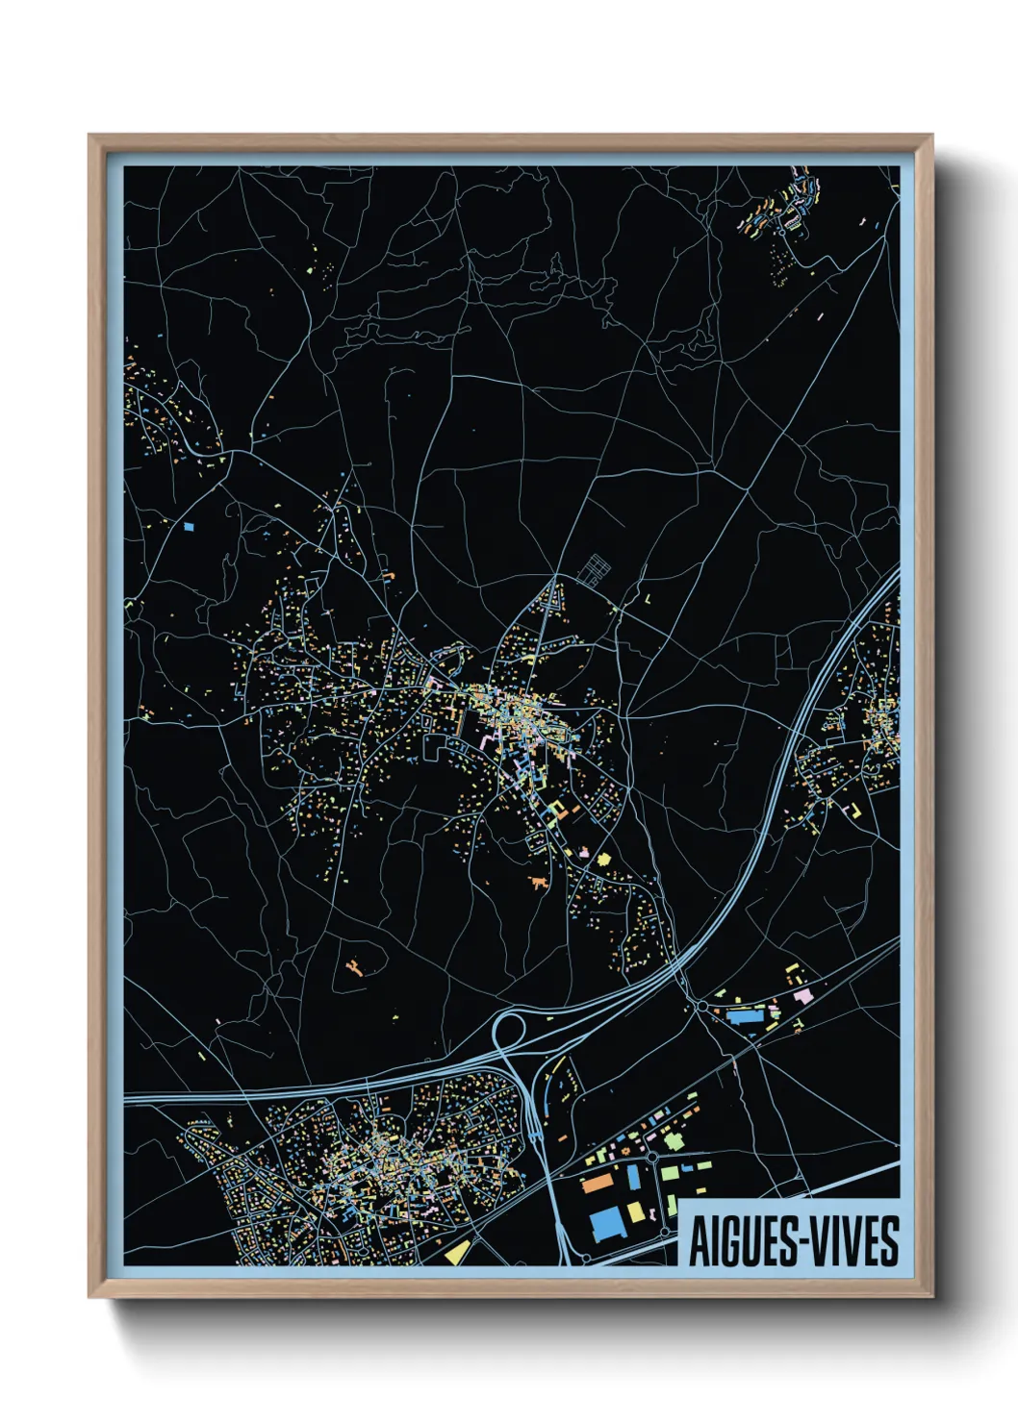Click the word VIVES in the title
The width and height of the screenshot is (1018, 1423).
[x=853, y=1241]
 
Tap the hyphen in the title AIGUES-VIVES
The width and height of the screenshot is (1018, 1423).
[x=793, y=1243]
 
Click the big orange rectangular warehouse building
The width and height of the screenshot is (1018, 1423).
[x=598, y=1182]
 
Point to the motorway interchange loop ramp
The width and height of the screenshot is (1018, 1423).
[x=508, y=1030]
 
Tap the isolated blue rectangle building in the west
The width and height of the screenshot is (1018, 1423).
[x=189, y=526]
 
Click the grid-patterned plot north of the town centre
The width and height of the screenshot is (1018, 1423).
[x=594, y=569]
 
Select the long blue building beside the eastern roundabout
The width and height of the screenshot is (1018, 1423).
[x=743, y=1014]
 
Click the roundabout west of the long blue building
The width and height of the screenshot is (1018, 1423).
[x=701, y=1007]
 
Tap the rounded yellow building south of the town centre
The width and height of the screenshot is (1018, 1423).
[x=604, y=859]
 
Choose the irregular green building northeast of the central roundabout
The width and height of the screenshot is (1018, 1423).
[x=673, y=1141]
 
